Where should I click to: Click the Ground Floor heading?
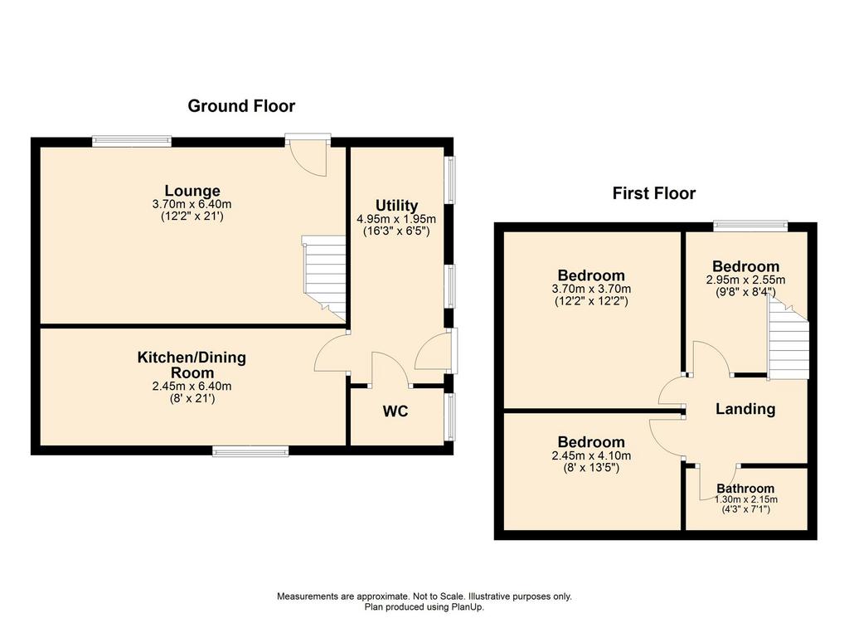pyautogui.click(x=241, y=105)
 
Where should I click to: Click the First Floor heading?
pyautogui.click(x=654, y=193)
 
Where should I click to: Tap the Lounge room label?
pyautogui.click(x=192, y=191)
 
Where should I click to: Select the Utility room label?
pyautogui.click(x=397, y=205)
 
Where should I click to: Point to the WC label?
pyautogui.click(x=395, y=411)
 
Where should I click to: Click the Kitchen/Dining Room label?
pyautogui.click(x=192, y=365)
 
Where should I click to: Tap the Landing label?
pyautogui.click(x=745, y=409)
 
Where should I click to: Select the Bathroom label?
pyautogui.click(x=745, y=489)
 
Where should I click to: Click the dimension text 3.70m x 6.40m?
pyautogui.click(x=192, y=205)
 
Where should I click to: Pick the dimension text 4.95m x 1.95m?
pyautogui.click(x=396, y=219)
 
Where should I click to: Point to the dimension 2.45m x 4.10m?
pyautogui.click(x=591, y=456)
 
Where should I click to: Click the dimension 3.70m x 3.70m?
pyautogui.click(x=591, y=290)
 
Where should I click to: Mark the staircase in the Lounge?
pyautogui.click(x=324, y=279)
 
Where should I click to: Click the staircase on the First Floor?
pyautogui.click(x=788, y=340)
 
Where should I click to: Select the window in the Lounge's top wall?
pyautogui.click(x=132, y=141)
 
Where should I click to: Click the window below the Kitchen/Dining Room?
pyautogui.click(x=250, y=451)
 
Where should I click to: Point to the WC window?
pyautogui.click(x=450, y=416)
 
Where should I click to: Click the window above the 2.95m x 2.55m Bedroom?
pyautogui.click(x=750, y=226)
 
